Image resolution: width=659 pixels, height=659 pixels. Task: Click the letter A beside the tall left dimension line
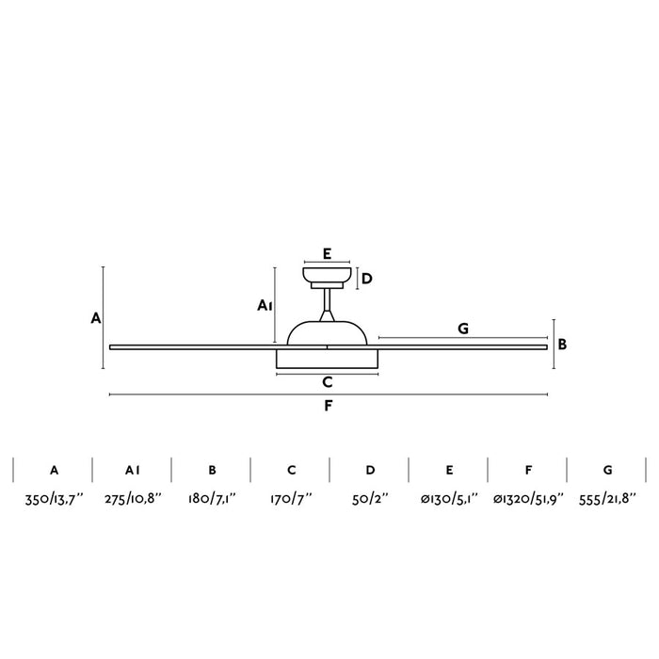pyautogui.click(x=96, y=318)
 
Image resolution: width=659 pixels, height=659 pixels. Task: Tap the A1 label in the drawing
pyautogui.click(x=265, y=306)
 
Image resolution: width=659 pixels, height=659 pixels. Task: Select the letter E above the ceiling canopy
pyautogui.click(x=327, y=254)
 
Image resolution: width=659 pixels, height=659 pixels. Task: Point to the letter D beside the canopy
pyautogui.click(x=367, y=279)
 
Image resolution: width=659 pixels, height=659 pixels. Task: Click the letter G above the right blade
pyautogui.click(x=463, y=329)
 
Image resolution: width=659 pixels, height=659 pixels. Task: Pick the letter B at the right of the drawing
pyautogui.click(x=562, y=345)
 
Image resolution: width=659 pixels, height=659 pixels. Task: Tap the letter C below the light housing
pyautogui.click(x=328, y=382)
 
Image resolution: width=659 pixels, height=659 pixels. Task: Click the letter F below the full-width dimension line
pyautogui.click(x=329, y=406)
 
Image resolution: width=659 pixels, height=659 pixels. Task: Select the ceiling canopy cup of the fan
pyautogui.click(x=327, y=275)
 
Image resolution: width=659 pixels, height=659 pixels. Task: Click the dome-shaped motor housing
pyautogui.click(x=327, y=333)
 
